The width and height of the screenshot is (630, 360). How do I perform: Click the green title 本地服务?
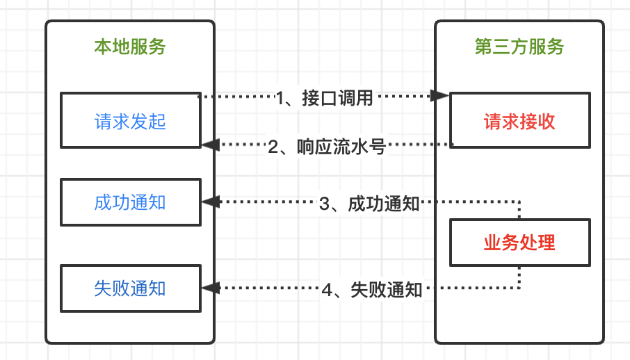(x=130, y=47)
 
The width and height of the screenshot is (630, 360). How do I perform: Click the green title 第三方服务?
(x=519, y=47)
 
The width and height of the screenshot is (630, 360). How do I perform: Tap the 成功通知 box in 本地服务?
(x=130, y=202)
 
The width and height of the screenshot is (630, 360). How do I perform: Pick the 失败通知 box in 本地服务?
(x=130, y=288)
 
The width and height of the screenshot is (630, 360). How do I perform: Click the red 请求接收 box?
(x=519, y=120)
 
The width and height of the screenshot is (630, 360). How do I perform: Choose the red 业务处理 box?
(x=519, y=243)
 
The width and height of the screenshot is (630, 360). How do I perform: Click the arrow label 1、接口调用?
(x=325, y=98)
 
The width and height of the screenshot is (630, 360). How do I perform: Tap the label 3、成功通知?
(x=369, y=204)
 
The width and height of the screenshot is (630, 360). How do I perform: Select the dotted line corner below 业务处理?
(x=519, y=287)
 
